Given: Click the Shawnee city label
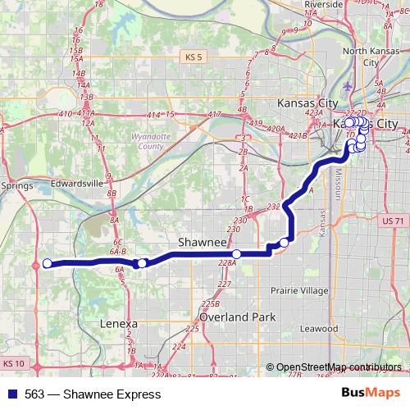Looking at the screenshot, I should [202, 244].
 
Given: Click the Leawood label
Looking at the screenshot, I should [319, 328].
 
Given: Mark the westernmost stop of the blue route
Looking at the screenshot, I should [47, 263].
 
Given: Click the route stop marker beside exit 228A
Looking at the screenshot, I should [236, 254].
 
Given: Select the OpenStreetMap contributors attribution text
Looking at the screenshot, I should [338, 367].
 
